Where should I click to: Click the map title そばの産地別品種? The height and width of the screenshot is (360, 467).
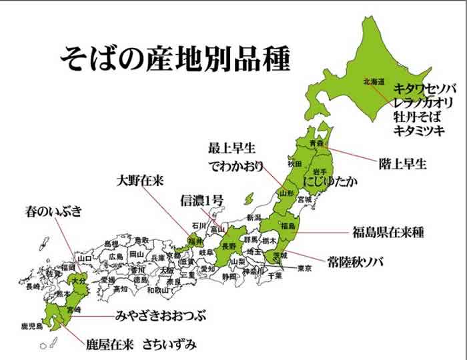click(x=175, y=59)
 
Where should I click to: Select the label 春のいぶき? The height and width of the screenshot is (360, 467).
click(x=53, y=213)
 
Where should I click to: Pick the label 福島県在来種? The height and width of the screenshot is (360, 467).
click(x=388, y=233)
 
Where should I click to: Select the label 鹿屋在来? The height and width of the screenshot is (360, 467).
click(x=110, y=345)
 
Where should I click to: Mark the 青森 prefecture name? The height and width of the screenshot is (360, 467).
click(x=316, y=143)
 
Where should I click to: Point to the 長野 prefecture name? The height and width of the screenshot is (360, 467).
click(x=228, y=246)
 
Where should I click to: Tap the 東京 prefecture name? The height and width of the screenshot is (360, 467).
click(x=304, y=269)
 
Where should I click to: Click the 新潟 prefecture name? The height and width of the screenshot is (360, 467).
click(x=254, y=218)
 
